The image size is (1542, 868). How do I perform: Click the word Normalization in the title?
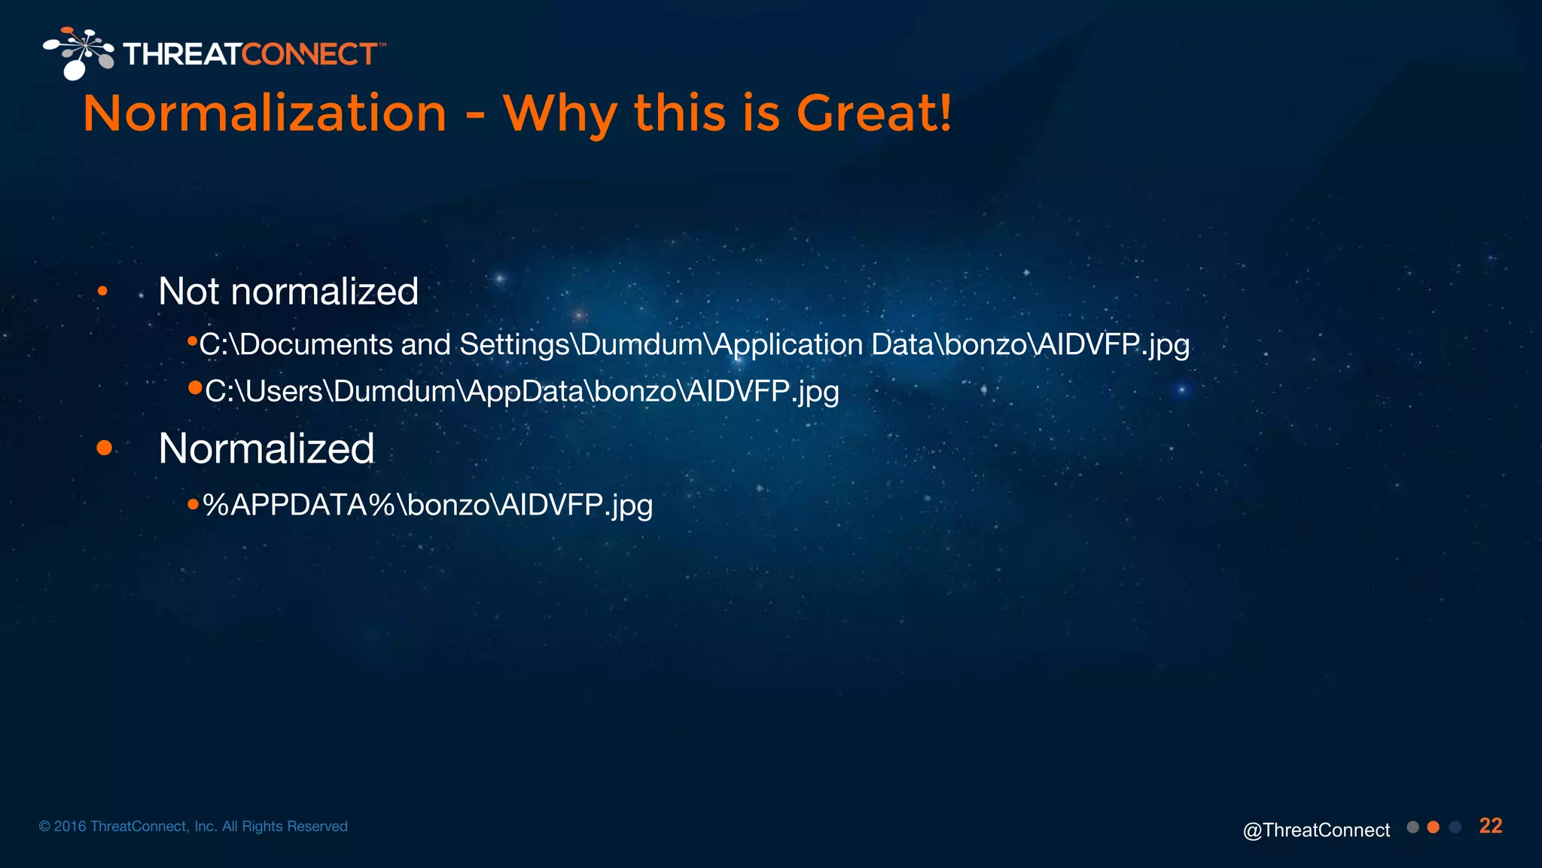[264, 115]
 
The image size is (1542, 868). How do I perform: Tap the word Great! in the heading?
[873, 115]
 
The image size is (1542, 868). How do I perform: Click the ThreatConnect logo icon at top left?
[78, 53]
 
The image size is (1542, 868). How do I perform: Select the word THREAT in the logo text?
[182, 54]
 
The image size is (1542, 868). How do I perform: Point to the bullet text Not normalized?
[288, 292]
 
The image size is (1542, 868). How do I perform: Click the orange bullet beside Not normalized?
[102, 292]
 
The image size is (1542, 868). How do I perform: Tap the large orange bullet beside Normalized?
[105, 448]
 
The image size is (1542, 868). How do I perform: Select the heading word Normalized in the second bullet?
[267, 449]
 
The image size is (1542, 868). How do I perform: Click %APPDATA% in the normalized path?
[299, 506]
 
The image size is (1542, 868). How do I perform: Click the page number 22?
[1490, 826]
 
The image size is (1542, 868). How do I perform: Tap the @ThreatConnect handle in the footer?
[1316, 830]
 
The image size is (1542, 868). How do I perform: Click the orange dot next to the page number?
[1434, 827]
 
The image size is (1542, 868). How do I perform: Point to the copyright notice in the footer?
[194, 827]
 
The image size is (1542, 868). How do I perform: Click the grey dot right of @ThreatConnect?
[1412, 827]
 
